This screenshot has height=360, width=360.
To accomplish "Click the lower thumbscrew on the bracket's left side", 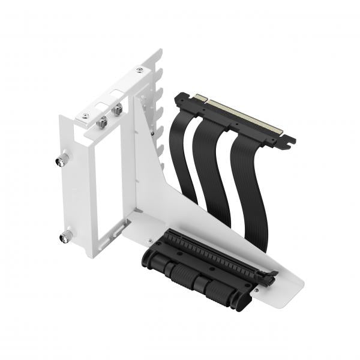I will [x=65, y=236].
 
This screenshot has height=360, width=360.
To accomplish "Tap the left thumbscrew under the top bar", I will [x=103, y=121].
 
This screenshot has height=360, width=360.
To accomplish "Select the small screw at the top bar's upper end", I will [x=139, y=71].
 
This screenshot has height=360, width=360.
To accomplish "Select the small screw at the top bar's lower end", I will [x=85, y=115].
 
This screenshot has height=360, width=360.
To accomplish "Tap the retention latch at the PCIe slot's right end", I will [x=268, y=277].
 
